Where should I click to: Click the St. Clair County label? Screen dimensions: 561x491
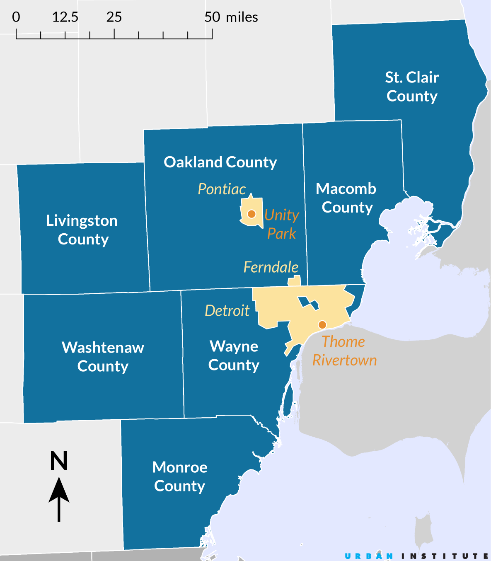coord(412,87)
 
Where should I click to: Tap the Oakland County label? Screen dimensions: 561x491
coord(220,162)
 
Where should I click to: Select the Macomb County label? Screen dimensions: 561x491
coord(346,198)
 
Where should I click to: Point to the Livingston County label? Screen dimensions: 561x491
coord(82,230)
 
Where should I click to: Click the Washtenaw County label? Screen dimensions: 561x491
coord(103,357)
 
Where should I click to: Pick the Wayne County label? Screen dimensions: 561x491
coord(234,355)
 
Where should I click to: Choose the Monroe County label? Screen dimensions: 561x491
coord(179,476)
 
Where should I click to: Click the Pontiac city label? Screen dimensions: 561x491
coord(222,189)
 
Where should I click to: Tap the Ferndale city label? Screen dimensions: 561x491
coord(271,267)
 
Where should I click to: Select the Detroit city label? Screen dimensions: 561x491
coord(227,311)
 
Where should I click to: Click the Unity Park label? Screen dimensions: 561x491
coord(282,224)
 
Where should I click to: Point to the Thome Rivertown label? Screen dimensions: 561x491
coord(344,351)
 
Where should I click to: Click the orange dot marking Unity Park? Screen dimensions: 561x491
coord(252,214)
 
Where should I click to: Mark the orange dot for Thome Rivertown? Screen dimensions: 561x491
coord(322,324)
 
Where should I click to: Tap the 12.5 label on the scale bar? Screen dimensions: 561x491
coord(65,17)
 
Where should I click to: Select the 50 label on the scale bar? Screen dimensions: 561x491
coord(212,17)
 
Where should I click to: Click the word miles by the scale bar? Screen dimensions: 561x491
coord(242,17)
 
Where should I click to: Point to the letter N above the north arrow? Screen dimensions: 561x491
coord(59,461)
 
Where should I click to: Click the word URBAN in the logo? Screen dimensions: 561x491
coord(369,556)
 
